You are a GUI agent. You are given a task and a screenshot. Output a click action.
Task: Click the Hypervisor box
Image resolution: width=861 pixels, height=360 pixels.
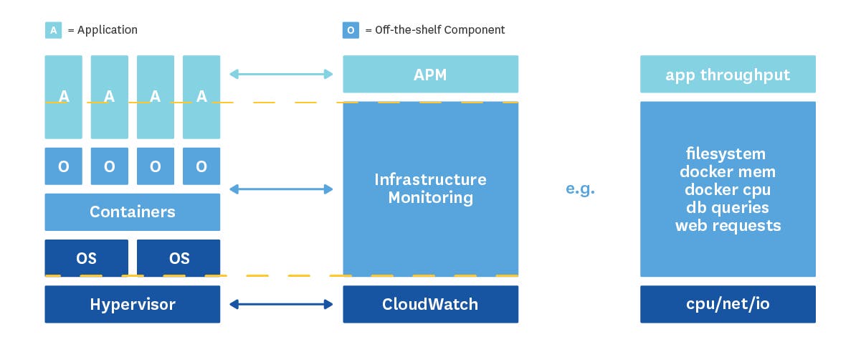tap(133, 304)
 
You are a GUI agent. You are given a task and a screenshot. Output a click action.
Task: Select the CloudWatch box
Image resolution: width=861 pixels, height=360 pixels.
tap(430, 304)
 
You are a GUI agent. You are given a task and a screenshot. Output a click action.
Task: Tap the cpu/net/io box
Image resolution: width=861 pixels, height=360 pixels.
tap(728, 304)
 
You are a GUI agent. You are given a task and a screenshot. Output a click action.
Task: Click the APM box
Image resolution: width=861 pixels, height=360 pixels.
tap(430, 75)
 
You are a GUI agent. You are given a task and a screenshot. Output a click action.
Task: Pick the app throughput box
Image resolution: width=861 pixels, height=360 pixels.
tap(728, 75)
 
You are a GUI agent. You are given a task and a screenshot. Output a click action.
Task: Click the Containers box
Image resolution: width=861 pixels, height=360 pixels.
tap(133, 212)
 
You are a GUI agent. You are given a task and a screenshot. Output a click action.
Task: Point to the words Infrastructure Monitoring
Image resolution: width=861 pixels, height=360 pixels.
tap(430, 188)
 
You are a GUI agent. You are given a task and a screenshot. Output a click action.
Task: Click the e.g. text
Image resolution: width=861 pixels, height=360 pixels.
tap(580, 190)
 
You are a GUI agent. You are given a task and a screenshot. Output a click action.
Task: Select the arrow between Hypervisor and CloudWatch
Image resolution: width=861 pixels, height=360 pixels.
tap(281, 305)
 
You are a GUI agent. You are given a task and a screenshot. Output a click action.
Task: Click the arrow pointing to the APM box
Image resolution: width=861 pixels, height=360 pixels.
tap(281, 74)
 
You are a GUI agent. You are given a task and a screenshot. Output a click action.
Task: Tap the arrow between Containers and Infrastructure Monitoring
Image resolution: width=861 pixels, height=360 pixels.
tap(281, 189)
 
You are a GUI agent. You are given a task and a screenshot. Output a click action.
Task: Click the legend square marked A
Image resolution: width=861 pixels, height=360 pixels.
tap(53, 30)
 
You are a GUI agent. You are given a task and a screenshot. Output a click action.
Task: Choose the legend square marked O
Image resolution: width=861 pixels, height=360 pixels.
tap(351, 30)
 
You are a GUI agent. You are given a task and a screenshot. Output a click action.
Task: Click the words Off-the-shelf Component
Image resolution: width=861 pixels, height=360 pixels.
tap(441, 30)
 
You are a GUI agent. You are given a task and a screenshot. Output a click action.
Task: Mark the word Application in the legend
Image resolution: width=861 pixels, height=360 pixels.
tap(108, 30)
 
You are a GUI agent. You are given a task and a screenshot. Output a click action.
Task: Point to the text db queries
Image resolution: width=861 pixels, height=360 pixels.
tap(728, 208)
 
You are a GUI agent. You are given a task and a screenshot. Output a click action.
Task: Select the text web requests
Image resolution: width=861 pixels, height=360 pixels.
tap(728, 226)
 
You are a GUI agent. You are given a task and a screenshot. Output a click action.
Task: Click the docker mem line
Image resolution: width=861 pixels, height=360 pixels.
tap(728, 172)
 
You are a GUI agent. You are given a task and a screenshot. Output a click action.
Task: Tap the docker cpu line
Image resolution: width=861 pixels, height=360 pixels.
tap(728, 190)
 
